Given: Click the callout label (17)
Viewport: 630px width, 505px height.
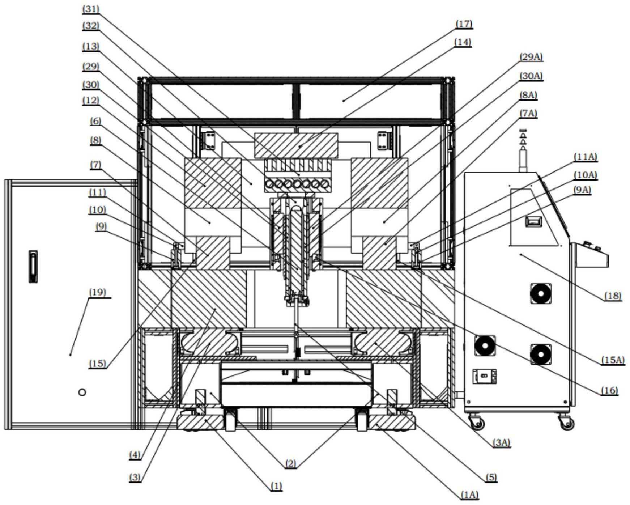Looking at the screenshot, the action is [x=464, y=24].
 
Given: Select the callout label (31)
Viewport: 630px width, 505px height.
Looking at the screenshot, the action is [x=91, y=9].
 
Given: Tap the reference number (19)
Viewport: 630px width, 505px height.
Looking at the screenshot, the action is [x=97, y=292].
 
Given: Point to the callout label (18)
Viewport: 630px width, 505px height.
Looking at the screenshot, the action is [x=613, y=296].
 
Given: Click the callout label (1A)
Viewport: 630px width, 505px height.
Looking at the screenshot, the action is [x=469, y=495].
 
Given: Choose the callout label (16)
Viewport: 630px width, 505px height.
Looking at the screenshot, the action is [x=609, y=390].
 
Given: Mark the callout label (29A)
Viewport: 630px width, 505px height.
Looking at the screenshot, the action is [x=531, y=57].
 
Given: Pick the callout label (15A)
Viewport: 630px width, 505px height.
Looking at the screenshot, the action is [x=613, y=360].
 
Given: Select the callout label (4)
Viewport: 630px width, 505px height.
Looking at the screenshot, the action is [x=135, y=455].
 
